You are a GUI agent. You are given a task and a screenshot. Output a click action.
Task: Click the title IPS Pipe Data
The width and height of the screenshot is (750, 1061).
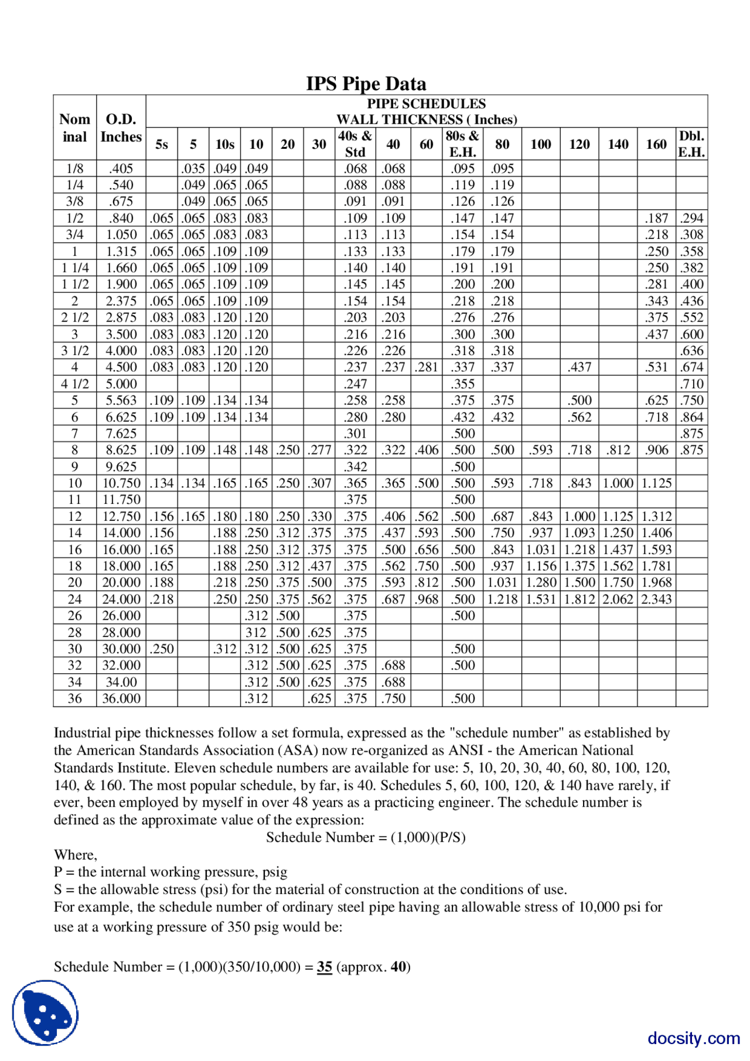(x=366, y=84)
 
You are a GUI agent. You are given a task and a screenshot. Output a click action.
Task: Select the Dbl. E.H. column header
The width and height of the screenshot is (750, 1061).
(x=691, y=144)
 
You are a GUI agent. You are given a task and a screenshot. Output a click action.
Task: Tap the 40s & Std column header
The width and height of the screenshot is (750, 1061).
(x=355, y=144)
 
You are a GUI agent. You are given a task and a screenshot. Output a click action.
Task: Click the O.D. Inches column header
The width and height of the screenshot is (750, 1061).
(x=121, y=128)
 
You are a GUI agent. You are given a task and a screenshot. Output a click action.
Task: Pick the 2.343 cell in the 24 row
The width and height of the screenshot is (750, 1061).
(x=656, y=599)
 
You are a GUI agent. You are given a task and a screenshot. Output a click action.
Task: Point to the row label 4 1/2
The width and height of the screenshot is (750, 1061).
(x=75, y=384)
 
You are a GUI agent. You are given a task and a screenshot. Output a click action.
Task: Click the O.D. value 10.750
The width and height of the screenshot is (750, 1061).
(x=121, y=483)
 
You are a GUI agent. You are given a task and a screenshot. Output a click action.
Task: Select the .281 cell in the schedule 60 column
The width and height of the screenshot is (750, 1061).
(x=427, y=367)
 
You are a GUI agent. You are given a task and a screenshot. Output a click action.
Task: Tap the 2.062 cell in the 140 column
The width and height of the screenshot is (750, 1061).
(x=618, y=599)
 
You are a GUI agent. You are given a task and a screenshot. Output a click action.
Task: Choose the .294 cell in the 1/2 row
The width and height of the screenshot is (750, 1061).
(x=691, y=218)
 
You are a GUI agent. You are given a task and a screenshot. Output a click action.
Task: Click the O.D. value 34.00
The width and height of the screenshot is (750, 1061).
(x=121, y=682)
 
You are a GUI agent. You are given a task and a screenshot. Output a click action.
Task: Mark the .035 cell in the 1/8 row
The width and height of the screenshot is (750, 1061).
(x=193, y=168)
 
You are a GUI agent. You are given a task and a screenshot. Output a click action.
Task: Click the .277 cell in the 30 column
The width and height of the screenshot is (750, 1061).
(x=319, y=450)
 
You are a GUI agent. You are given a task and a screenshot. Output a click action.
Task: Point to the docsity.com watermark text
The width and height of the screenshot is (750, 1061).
(x=693, y=1038)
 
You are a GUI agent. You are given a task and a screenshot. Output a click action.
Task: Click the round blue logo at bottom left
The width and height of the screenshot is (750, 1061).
(x=45, y=1012)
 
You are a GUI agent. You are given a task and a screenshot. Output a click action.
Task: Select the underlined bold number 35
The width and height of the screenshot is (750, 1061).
(x=324, y=967)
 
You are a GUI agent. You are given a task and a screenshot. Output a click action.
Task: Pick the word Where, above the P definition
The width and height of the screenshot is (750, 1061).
(x=76, y=855)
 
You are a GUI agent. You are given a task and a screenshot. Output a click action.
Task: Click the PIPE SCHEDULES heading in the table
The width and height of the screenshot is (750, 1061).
(x=426, y=104)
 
